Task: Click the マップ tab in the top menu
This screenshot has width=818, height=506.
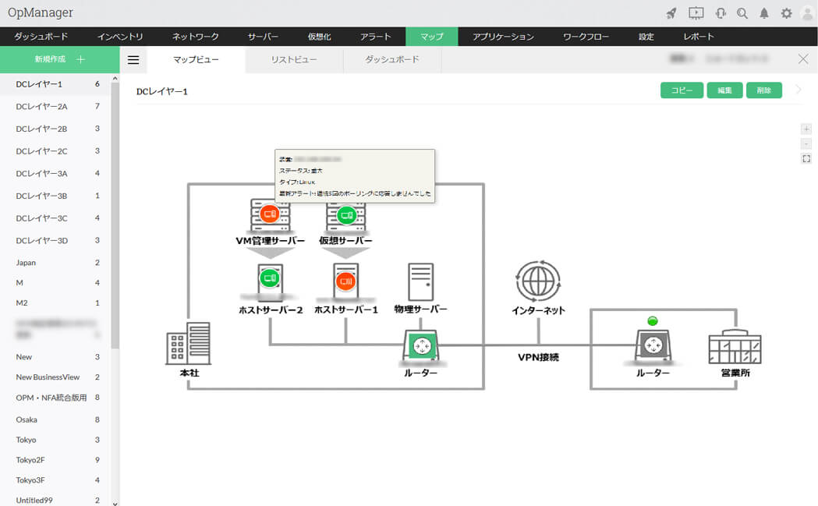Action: [x=431, y=37]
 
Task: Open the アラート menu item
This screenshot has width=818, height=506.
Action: [x=376, y=37]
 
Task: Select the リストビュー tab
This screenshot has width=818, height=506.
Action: [x=294, y=60]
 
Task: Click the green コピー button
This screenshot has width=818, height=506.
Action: [x=682, y=90]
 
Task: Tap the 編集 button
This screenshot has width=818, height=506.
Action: [x=724, y=90]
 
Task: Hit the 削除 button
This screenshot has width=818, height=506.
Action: [x=763, y=90]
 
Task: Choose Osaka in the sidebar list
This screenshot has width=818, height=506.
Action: [x=27, y=419]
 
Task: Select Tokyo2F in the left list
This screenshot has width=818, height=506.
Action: [x=30, y=460]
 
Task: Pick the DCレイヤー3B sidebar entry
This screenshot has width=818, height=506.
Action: [x=41, y=196]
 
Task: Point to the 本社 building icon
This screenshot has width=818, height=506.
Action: [x=188, y=343]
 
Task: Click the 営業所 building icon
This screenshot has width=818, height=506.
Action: [x=735, y=345]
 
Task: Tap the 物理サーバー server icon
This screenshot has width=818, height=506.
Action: [x=421, y=282]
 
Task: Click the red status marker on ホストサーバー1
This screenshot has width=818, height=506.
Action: [x=345, y=280]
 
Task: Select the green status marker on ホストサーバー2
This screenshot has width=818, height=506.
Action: [x=270, y=277]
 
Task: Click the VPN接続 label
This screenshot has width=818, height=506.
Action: [x=538, y=358]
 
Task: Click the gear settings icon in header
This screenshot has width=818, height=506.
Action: [x=786, y=13]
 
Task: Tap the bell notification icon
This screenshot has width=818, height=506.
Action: [x=764, y=13]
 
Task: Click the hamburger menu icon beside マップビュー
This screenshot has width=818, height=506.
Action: [x=133, y=60]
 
